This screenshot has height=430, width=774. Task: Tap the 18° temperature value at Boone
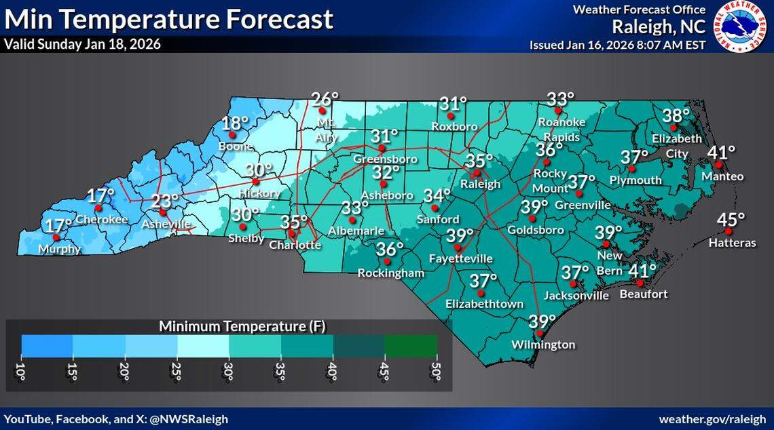(x=236, y=123)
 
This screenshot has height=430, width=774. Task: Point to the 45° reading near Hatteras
(x=731, y=220)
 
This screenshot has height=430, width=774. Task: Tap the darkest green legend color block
(x=411, y=346)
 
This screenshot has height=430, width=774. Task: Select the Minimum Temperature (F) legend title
(x=242, y=326)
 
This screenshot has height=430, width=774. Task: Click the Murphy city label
(x=60, y=249)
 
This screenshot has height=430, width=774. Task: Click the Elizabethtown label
(x=484, y=305)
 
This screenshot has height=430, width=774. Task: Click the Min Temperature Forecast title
(x=168, y=19)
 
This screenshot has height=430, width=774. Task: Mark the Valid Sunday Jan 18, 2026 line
(x=82, y=45)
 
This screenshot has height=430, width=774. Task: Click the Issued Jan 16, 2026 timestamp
(x=618, y=45)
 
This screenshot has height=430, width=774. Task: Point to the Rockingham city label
(x=391, y=273)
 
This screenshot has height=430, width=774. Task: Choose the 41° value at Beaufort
(x=642, y=271)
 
